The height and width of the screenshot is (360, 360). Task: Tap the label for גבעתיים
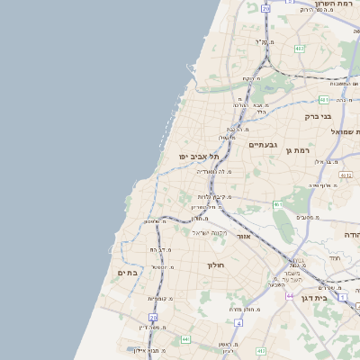[x=264, y=144]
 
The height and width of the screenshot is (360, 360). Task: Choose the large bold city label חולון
[x=215, y=265]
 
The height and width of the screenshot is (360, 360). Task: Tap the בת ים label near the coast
[x=127, y=272]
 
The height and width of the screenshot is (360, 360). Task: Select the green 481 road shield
[x=323, y=101]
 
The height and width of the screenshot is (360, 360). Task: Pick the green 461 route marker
[x=279, y=205]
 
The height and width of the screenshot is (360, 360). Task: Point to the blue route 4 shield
[x=238, y=321]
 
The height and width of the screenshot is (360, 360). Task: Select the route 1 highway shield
[x=342, y=296]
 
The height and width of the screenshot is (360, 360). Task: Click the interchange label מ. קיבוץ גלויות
[x=216, y=196]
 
